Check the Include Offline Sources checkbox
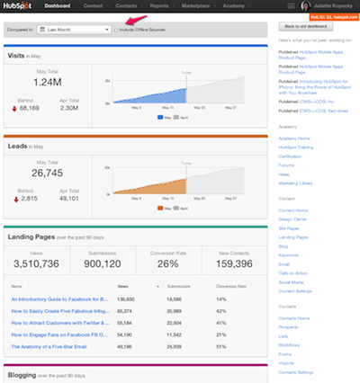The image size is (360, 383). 116,30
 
